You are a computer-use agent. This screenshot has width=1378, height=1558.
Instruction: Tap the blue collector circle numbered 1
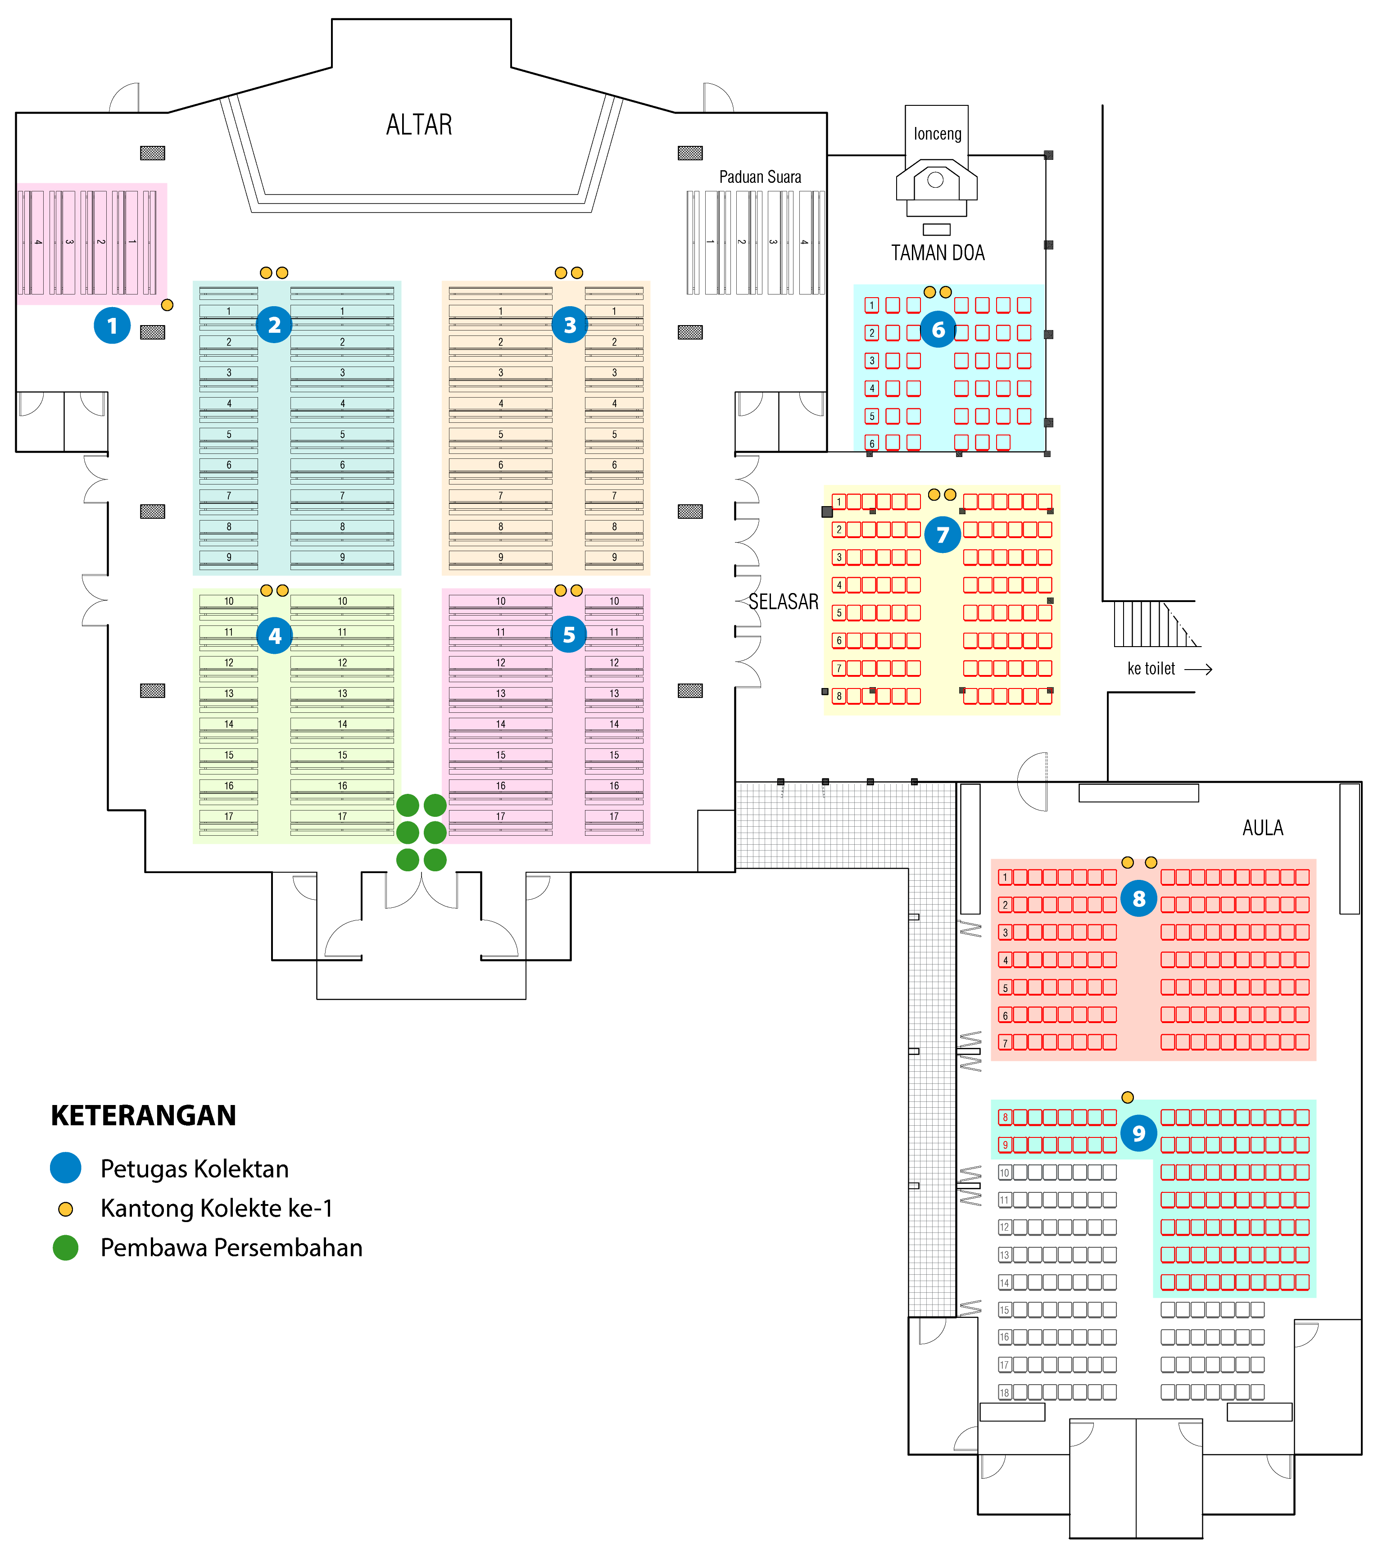click(112, 326)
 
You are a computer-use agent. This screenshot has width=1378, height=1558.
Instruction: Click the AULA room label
click(1262, 828)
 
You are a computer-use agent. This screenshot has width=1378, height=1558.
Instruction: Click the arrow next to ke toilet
click(1198, 669)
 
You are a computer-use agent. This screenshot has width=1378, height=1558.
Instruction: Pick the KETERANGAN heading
click(143, 1115)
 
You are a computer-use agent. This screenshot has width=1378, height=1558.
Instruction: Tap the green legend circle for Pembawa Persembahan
click(66, 1248)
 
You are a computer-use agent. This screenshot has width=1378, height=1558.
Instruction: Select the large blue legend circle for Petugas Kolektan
click(66, 1168)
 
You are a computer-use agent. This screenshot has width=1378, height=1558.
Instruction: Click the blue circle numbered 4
click(274, 636)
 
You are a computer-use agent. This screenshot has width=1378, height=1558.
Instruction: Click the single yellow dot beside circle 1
click(167, 305)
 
